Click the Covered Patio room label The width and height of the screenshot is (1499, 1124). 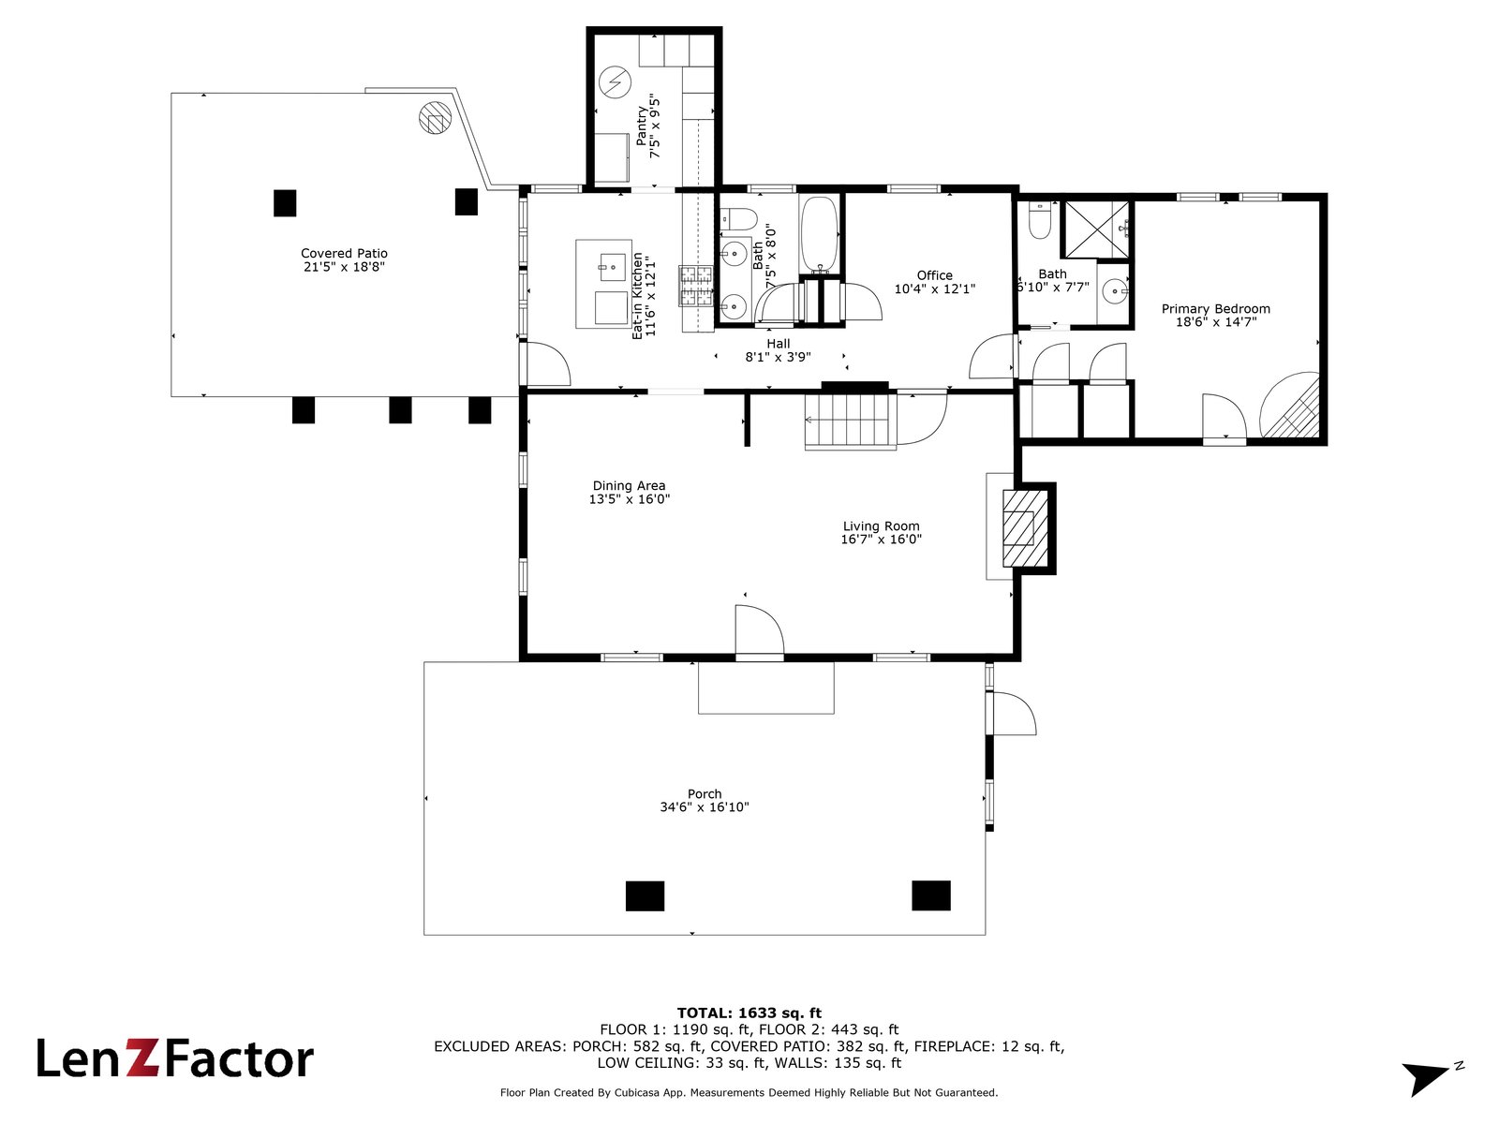(344, 253)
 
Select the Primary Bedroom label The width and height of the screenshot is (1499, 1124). (1215, 308)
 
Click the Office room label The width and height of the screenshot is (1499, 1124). (934, 275)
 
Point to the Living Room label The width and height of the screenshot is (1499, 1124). (881, 526)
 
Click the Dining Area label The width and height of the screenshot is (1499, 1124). (629, 485)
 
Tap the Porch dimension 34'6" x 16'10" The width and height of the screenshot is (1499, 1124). (705, 807)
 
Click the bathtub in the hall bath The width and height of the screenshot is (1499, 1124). (820, 234)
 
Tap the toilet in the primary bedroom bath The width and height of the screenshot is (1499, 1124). (1039, 219)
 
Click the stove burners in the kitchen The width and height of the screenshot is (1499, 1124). (695, 286)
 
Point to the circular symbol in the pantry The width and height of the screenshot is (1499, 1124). (616, 82)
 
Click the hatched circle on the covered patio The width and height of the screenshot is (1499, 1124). (435, 118)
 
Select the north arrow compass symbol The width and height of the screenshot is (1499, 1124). (1430, 1076)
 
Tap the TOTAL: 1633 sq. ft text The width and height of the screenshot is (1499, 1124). (749, 1013)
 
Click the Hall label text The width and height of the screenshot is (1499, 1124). (778, 344)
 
